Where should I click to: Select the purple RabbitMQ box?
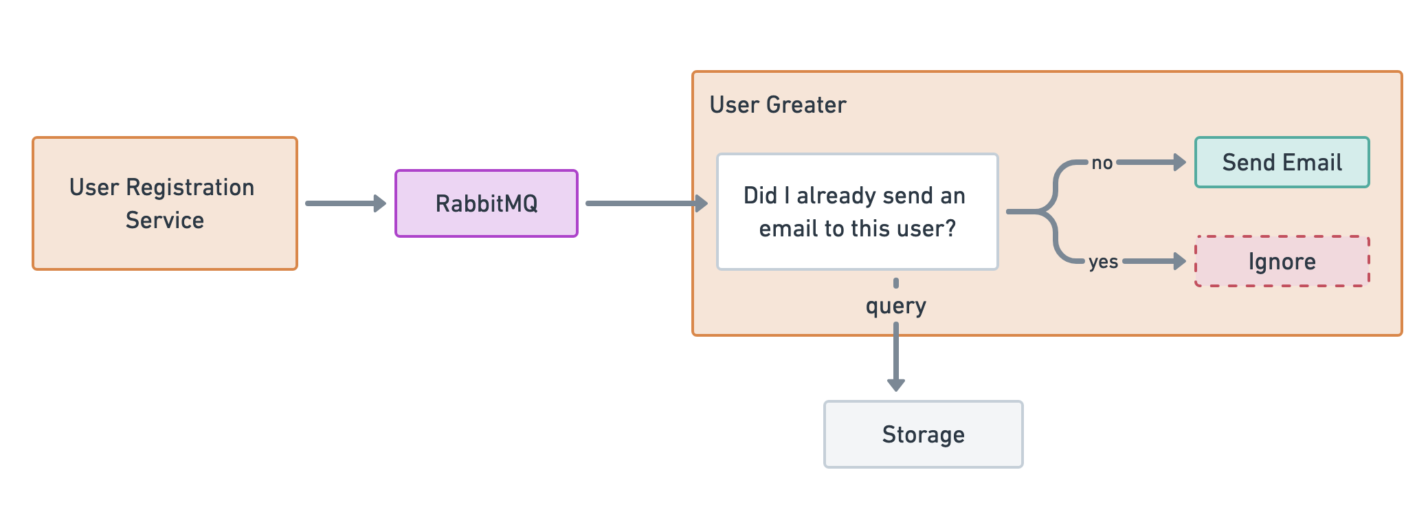486,203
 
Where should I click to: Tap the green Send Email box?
1282,162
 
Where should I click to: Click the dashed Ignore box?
1282,261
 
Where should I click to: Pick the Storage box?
923,434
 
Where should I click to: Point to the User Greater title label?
777,104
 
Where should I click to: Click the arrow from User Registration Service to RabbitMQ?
344,203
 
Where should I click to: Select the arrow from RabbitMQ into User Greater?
643,203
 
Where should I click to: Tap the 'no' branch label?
1102,163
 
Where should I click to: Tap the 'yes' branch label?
1103,262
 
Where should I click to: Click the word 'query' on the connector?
895,305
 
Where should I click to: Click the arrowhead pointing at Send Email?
1179,162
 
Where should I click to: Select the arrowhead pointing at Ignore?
1179,261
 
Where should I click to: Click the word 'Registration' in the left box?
190,187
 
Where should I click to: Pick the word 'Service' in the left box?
164,220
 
